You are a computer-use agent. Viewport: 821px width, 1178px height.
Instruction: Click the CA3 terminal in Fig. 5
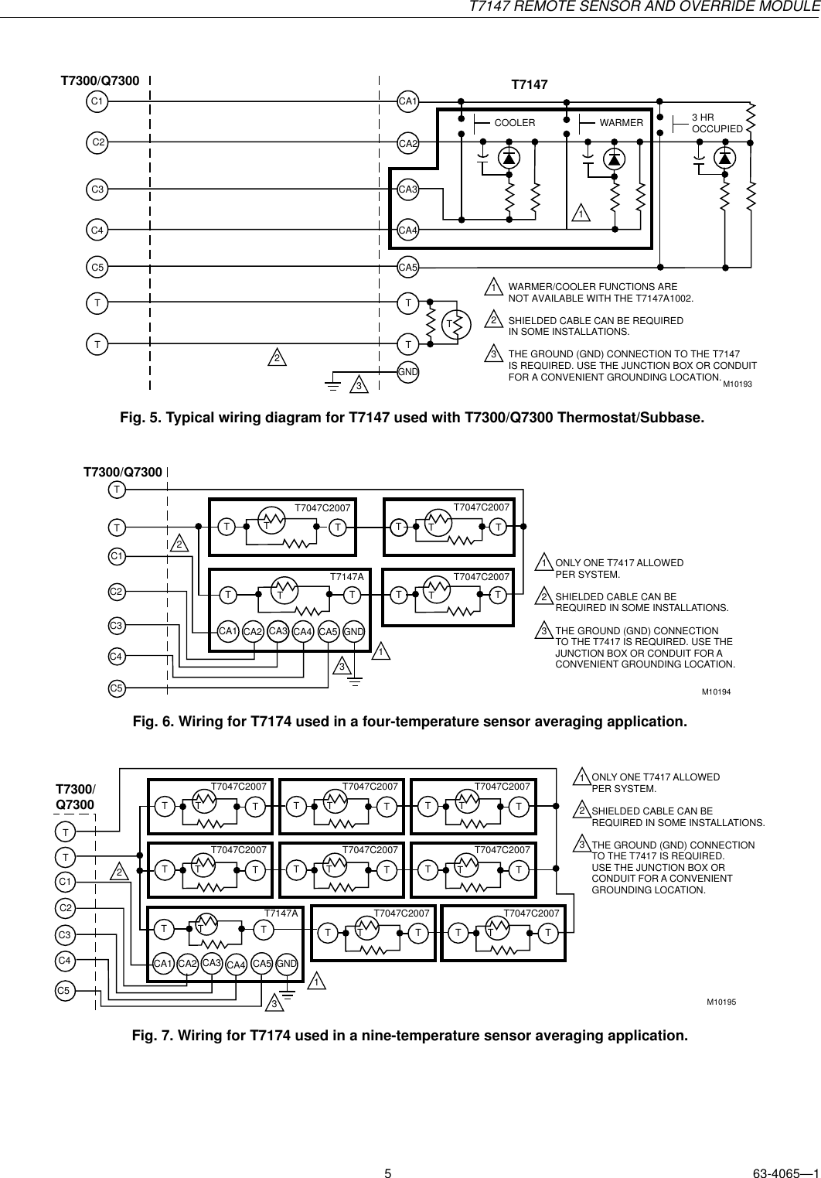[407, 189]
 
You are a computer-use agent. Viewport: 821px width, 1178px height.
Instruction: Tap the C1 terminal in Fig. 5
[97, 101]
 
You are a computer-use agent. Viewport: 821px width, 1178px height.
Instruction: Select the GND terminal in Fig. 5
[407, 372]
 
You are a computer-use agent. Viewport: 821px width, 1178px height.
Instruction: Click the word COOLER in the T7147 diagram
[514, 123]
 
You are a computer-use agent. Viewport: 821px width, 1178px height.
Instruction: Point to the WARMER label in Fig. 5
[622, 123]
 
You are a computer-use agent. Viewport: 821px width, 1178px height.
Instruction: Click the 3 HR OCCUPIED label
[717, 123]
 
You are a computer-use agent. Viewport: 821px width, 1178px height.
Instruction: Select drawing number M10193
[738, 384]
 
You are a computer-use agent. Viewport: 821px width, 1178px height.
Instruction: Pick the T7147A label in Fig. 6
[346, 577]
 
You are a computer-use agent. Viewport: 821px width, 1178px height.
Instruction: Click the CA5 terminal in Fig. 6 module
[329, 632]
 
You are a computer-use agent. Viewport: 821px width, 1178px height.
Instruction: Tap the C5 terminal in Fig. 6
[117, 687]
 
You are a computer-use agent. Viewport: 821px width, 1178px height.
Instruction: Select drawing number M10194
[716, 691]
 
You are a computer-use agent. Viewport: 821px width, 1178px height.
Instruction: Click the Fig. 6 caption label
[409, 722]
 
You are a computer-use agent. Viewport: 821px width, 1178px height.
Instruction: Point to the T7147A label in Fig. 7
[281, 913]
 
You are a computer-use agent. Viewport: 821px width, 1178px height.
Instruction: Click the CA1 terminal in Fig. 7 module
[162, 964]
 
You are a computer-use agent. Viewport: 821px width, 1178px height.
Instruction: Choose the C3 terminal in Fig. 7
[66, 935]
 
